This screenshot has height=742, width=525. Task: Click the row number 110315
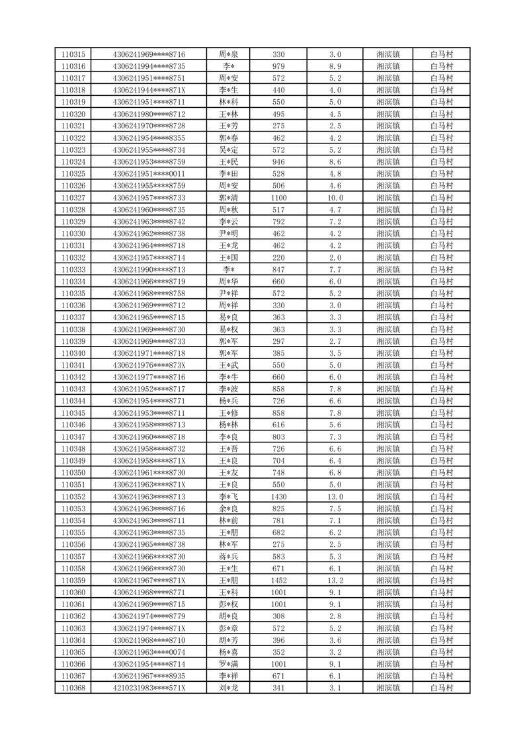point(73,54)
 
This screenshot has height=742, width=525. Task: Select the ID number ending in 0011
point(149,174)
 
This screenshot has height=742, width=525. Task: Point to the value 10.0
point(335,198)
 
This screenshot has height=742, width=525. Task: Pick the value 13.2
point(335,581)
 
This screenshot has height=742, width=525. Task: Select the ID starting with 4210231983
point(149,688)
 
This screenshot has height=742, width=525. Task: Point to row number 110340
point(73,353)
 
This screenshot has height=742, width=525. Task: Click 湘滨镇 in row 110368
point(387,688)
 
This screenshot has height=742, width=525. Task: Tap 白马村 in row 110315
point(441,54)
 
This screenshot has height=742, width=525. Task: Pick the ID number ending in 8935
point(149,676)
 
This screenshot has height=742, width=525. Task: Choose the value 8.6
point(335,162)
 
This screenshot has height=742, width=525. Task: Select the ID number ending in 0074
point(149,652)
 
